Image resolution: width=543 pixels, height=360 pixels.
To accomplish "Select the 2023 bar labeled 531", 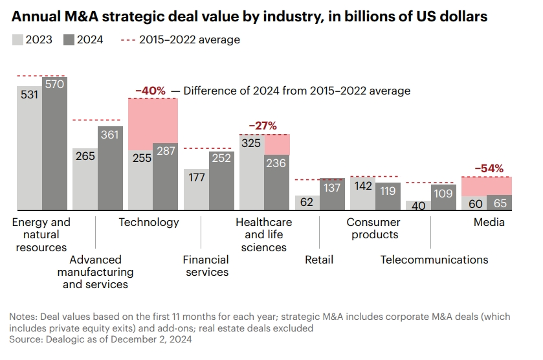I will (29, 149).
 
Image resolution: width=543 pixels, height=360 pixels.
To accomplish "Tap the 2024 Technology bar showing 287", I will (165, 177).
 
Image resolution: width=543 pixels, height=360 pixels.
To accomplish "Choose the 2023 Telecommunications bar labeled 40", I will (418, 205).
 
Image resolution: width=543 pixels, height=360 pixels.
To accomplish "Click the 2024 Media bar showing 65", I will (499, 203).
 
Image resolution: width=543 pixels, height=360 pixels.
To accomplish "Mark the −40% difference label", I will (150, 91).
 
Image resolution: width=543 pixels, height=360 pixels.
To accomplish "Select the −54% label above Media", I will (489, 168).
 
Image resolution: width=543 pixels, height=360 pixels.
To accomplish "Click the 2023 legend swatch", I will (17, 40).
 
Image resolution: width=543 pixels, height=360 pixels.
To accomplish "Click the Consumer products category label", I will (373, 228).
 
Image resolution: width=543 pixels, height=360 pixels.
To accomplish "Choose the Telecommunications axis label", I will (434, 260).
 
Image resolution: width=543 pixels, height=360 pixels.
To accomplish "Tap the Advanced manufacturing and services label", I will (95, 272).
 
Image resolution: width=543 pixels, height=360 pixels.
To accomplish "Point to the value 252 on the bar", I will (221, 157).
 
